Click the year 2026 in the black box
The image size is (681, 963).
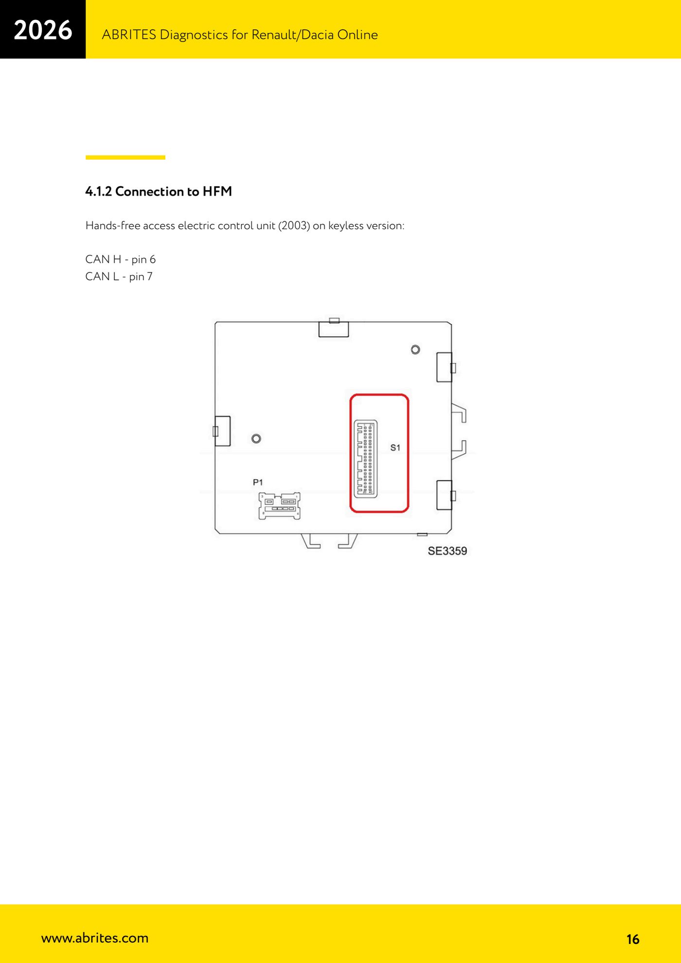coord(43,30)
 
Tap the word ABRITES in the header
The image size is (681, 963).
coord(129,35)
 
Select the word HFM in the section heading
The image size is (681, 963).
coord(217,191)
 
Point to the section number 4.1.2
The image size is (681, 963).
coord(99,191)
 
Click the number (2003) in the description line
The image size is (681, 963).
coord(294,226)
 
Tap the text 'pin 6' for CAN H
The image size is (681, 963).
coord(143,259)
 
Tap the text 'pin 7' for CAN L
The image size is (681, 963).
coord(141,276)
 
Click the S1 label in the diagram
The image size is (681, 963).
coord(395,448)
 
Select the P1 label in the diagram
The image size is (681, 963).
coord(258,482)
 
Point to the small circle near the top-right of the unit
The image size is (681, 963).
coord(415,349)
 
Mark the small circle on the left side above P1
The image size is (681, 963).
coord(256,438)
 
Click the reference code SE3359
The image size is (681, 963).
coord(448,551)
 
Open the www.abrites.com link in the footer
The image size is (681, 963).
coord(95,938)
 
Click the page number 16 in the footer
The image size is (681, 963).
coord(633,939)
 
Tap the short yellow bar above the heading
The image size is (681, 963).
coord(125,157)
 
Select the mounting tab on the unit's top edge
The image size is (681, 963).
coord(334,328)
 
